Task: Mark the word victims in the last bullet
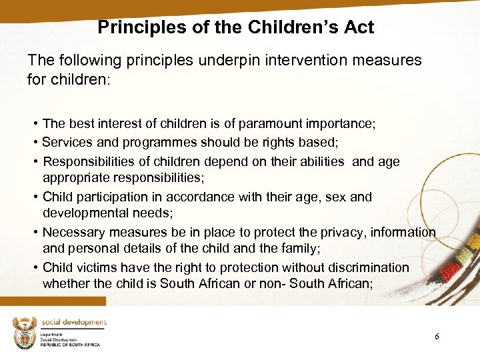pos(97,267)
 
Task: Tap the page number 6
pos(437,337)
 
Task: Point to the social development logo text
pos(74,323)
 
